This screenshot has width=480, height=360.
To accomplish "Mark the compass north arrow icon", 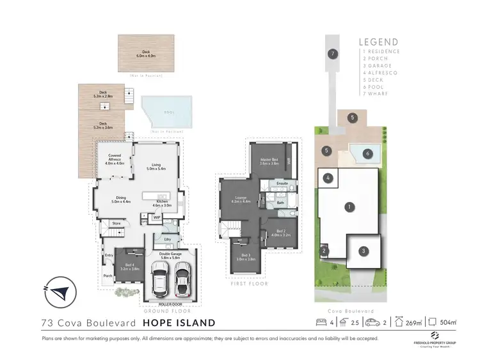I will click(60, 293).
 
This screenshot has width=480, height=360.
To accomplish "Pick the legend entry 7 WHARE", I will click(381, 93).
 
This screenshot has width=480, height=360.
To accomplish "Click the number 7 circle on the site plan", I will click(332, 54).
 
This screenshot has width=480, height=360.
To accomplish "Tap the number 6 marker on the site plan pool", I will click(367, 153).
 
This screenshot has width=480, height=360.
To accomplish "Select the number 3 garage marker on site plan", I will click(364, 251).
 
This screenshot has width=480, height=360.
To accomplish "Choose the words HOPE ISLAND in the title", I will click(179, 323).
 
